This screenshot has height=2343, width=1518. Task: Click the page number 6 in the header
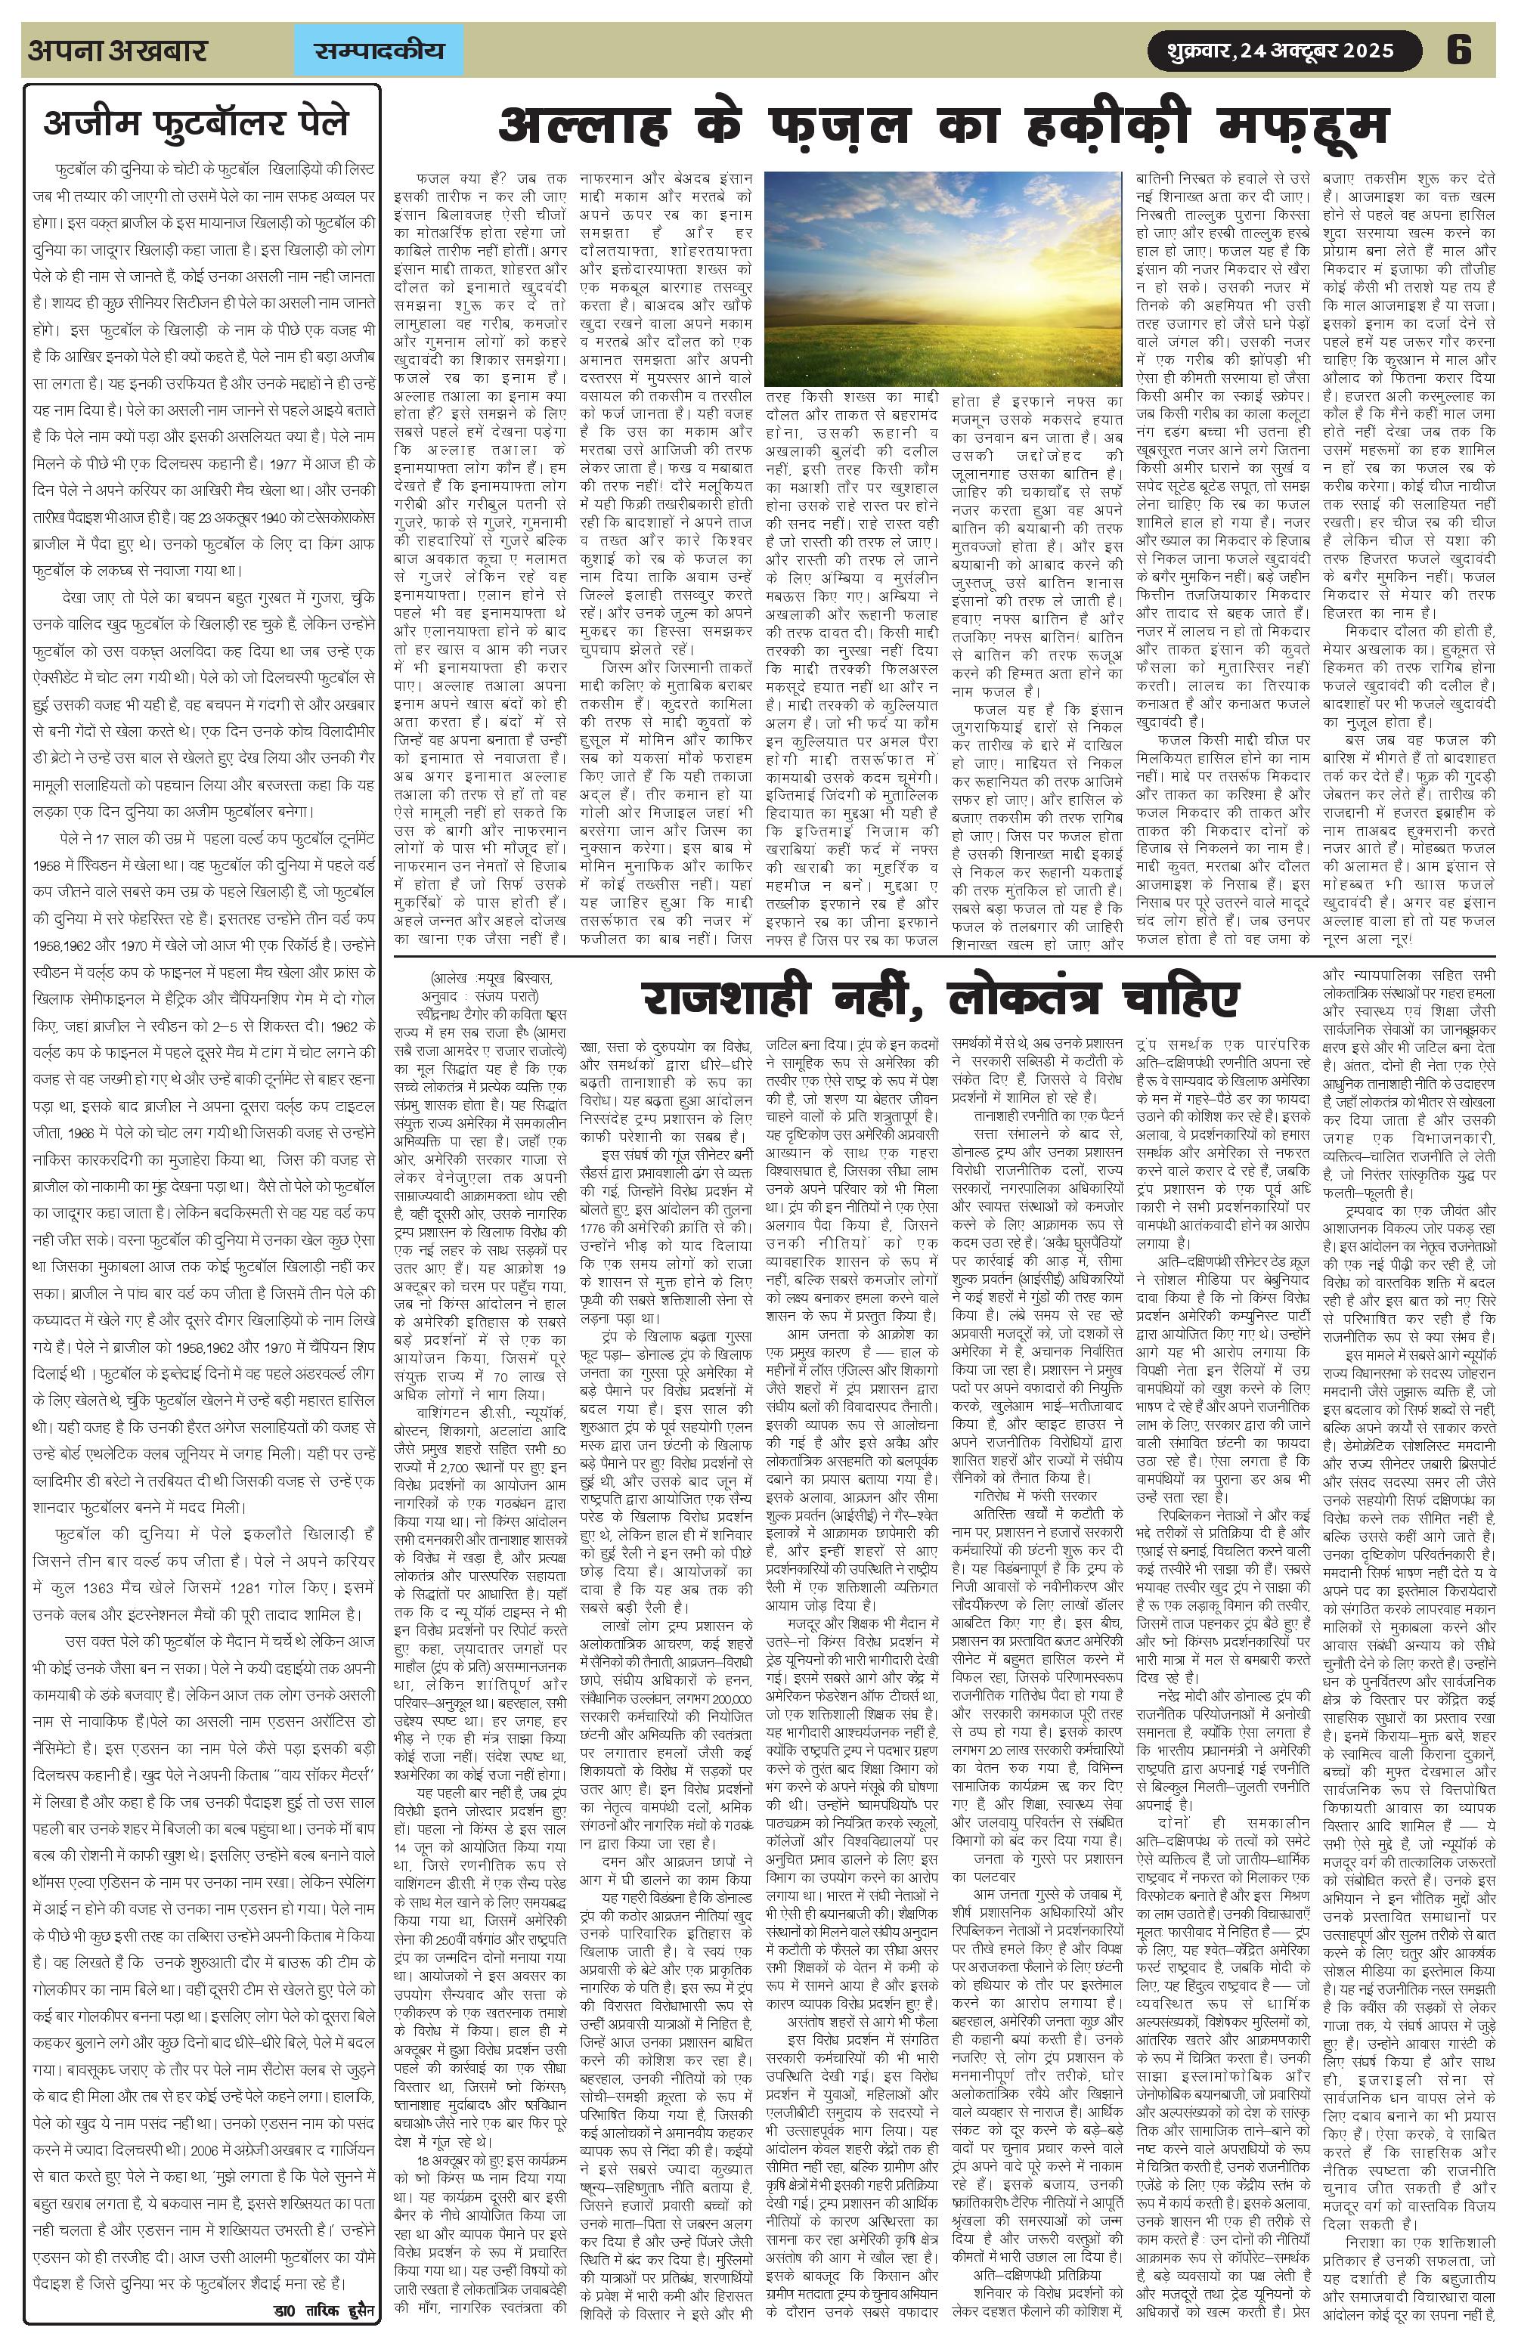[x=1458, y=49]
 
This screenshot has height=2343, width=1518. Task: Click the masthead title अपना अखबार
[x=117, y=50]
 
